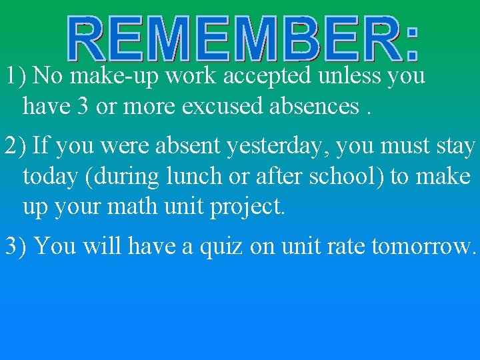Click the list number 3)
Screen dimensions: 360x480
point(16,246)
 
